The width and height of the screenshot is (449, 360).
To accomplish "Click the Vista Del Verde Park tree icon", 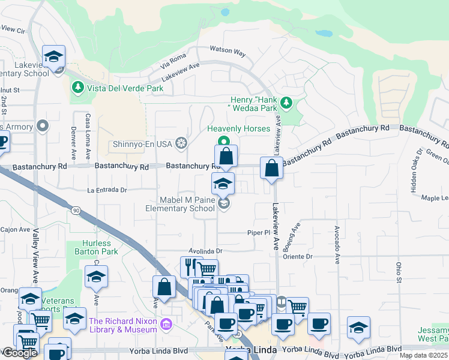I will (77, 88).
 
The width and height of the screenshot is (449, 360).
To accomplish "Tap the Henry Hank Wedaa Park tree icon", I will (286, 103).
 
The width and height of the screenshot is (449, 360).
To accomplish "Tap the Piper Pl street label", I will (259, 232).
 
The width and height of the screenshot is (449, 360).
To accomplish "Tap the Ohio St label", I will (398, 271).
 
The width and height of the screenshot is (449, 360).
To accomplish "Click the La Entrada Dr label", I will (107, 190).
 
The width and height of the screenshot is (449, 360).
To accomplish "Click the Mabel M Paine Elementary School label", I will (179, 204).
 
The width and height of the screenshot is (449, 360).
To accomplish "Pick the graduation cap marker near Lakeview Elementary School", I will (54, 57).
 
